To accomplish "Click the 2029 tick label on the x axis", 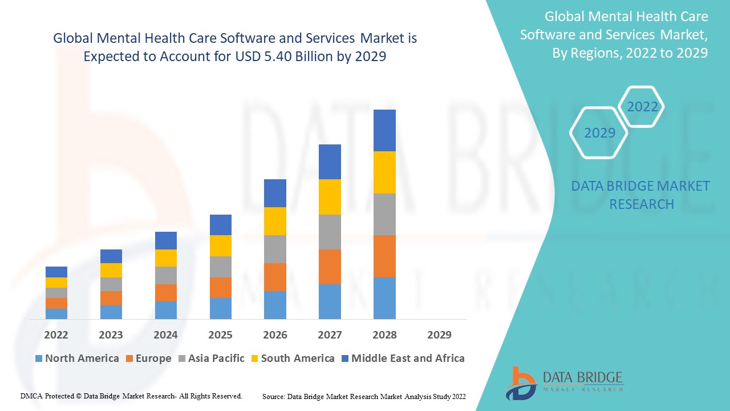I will [439, 335].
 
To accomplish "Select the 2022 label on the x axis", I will [56, 335].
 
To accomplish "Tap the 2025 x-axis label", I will [220, 335].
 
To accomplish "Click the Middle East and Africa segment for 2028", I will [384, 130].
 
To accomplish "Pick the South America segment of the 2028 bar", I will [384, 172].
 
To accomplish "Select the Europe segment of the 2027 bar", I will [330, 267].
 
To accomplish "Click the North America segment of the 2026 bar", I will [275, 305].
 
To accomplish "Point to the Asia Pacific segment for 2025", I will [220, 267].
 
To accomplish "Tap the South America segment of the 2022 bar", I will [56, 283].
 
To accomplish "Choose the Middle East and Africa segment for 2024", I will [165, 240].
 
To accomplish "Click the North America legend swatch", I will [39, 359].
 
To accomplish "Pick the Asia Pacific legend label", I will [216, 358].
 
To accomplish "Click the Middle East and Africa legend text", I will [408, 358].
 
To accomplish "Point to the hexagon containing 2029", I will [599, 133].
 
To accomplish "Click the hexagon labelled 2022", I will [642, 107].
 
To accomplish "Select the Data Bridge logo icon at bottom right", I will [520, 382].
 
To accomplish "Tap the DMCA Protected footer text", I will [131, 396].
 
